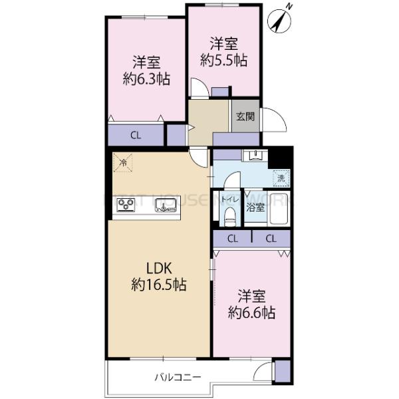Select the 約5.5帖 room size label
point(224,60)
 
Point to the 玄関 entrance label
point(244,117)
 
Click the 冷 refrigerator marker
point(122,162)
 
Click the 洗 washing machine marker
point(281,178)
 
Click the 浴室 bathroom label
point(256,207)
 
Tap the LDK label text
point(160,269)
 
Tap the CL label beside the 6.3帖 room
point(136,136)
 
